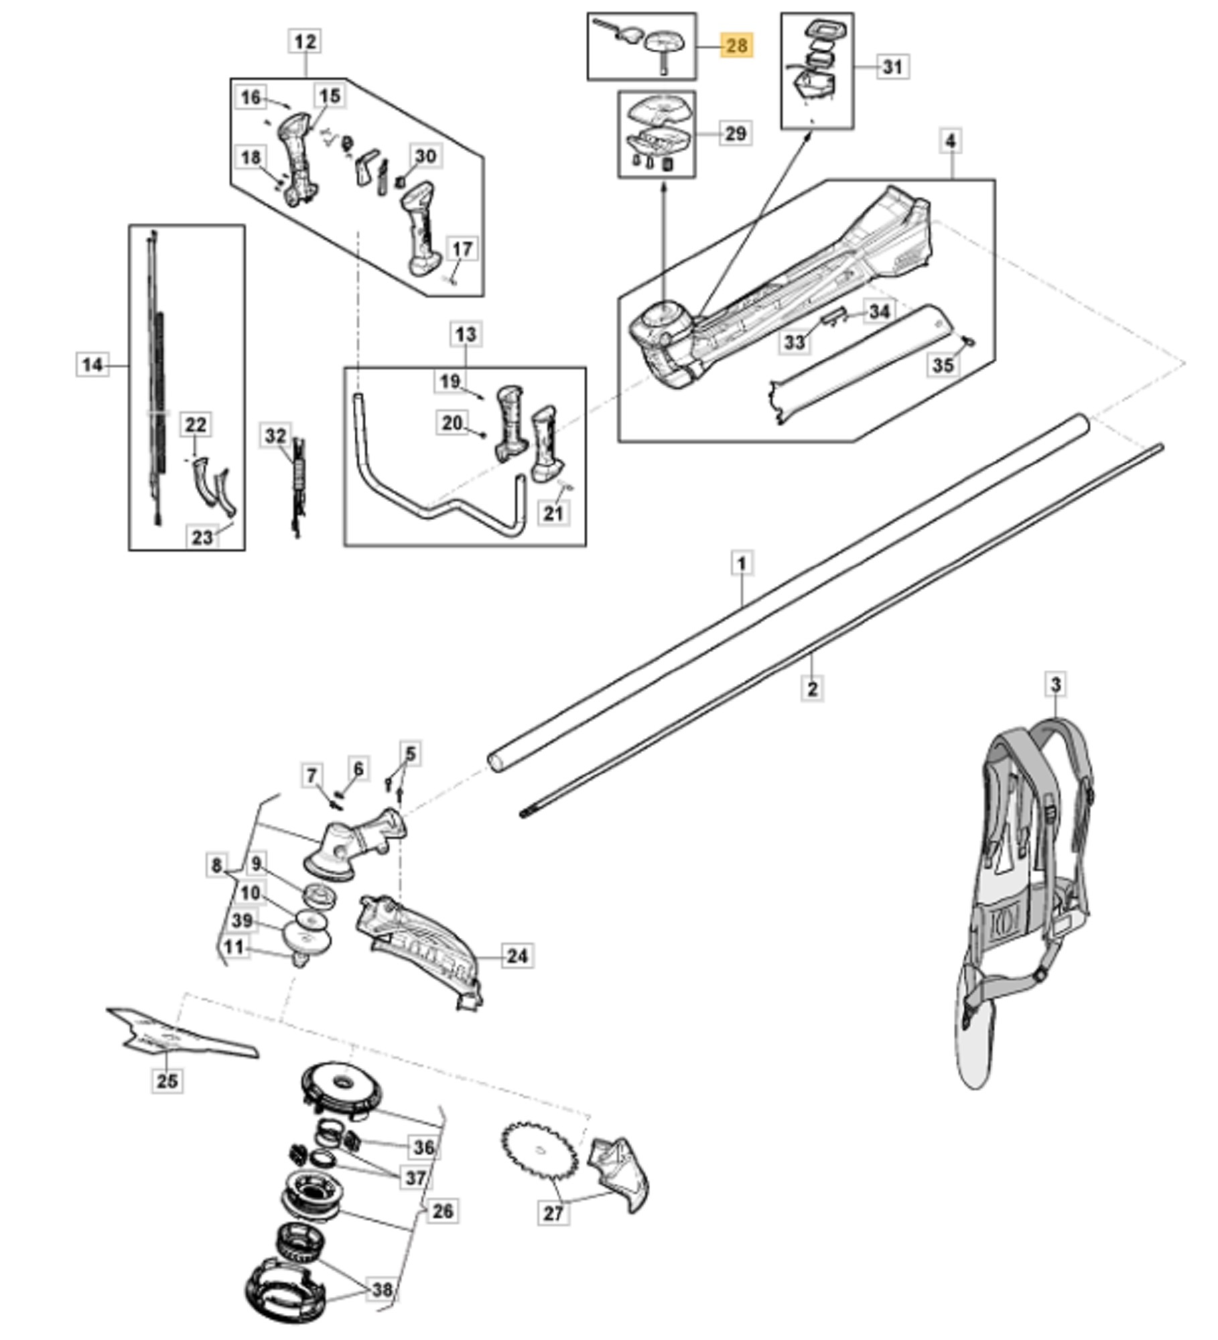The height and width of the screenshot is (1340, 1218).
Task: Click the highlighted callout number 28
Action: [736, 46]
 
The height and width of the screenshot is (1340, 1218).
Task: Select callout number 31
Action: [892, 67]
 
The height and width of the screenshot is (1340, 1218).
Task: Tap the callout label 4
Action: [951, 141]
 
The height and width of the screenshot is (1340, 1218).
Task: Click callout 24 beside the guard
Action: [517, 956]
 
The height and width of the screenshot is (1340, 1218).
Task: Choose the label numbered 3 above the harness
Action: [1056, 685]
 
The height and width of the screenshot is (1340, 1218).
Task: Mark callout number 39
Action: [242, 921]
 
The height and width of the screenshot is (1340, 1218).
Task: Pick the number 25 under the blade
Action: [167, 1080]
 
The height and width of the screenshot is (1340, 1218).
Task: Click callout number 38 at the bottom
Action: [382, 1290]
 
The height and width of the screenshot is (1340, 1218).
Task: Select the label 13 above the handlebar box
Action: [466, 334]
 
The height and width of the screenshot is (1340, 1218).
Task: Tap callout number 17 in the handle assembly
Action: [462, 249]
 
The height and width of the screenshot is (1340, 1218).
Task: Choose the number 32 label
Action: [275, 436]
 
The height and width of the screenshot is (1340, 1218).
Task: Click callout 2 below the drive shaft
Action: [812, 688]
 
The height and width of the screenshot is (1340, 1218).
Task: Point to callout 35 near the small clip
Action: [943, 365]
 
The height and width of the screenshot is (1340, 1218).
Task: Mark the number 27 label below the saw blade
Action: [553, 1213]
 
